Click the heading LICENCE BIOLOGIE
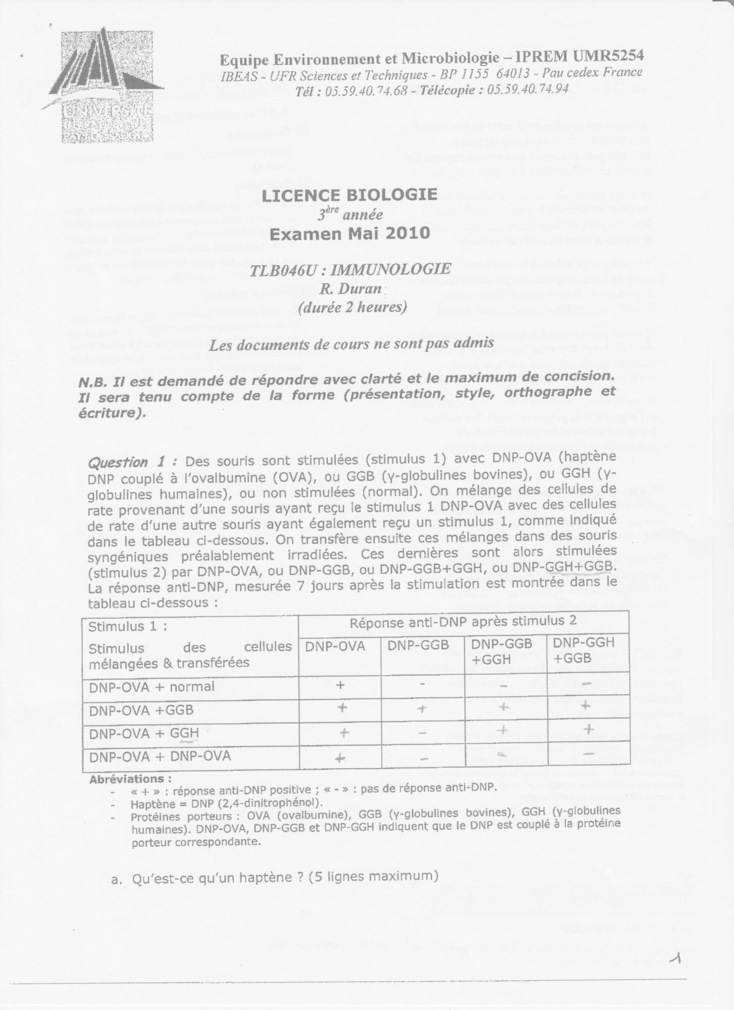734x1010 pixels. tap(349, 195)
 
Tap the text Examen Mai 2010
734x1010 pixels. tap(350, 233)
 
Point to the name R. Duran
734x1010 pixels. tap(349, 289)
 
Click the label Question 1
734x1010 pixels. tap(132, 462)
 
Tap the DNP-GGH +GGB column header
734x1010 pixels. tap(584, 650)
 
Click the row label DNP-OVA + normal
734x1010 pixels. tap(152, 687)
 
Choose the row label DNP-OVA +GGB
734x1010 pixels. tap(141, 710)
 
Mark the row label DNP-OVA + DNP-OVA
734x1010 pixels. tap(160, 756)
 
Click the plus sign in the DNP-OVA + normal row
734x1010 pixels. tap(340, 685)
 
